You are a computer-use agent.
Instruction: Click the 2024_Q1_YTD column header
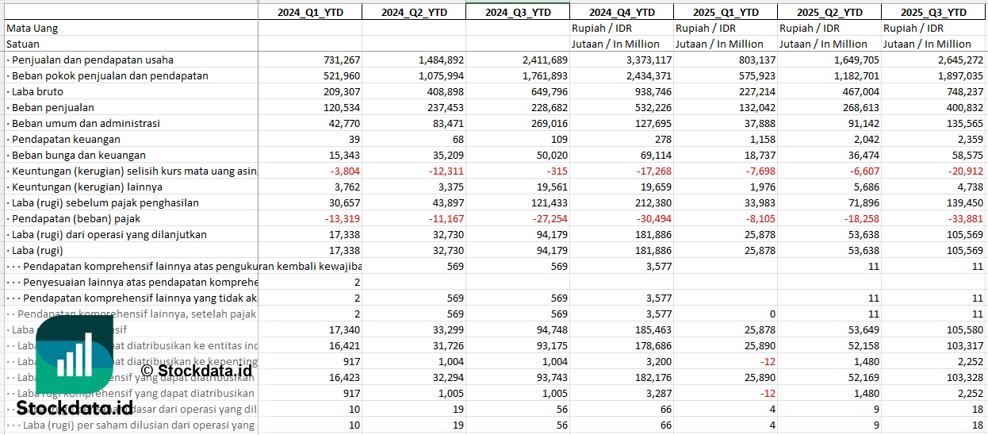(x=309, y=12)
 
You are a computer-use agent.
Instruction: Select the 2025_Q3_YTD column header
(x=934, y=12)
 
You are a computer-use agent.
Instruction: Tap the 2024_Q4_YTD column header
(x=622, y=12)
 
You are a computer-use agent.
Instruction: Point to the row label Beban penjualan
(x=52, y=107)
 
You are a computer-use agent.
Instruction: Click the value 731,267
(x=342, y=60)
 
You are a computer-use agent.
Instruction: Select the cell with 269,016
(x=548, y=123)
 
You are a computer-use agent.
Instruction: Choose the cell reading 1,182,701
(x=852, y=75)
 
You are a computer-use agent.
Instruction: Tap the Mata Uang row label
(x=33, y=28)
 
